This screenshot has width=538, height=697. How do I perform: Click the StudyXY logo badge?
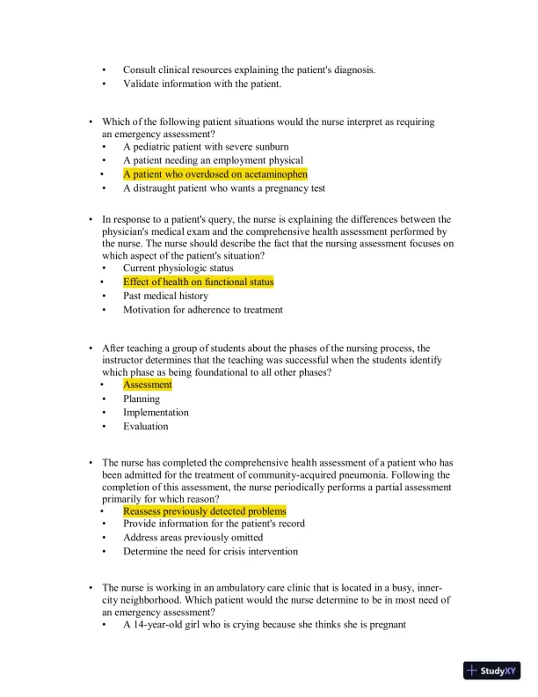(x=491, y=671)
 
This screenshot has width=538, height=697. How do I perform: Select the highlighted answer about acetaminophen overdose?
(x=214, y=174)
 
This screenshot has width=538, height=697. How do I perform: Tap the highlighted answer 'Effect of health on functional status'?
(x=198, y=282)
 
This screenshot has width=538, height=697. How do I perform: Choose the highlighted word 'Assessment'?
(x=148, y=385)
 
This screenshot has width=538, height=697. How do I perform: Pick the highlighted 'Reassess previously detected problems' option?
(x=204, y=510)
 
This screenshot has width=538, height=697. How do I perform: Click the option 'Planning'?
(x=142, y=399)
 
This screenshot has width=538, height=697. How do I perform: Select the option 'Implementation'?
(x=156, y=412)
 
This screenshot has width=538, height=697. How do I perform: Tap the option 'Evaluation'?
(x=145, y=426)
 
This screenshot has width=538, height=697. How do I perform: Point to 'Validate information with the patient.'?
(x=202, y=84)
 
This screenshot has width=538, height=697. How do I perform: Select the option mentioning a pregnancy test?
(x=224, y=187)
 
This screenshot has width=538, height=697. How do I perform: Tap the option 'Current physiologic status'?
(x=178, y=268)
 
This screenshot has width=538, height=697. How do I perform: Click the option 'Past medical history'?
(x=165, y=296)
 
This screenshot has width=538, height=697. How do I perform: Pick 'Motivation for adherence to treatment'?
(x=203, y=310)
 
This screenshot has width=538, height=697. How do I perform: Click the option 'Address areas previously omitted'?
(x=193, y=538)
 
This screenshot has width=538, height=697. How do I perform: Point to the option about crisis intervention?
(x=210, y=552)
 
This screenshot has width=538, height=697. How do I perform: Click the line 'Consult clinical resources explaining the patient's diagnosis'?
(x=249, y=70)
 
